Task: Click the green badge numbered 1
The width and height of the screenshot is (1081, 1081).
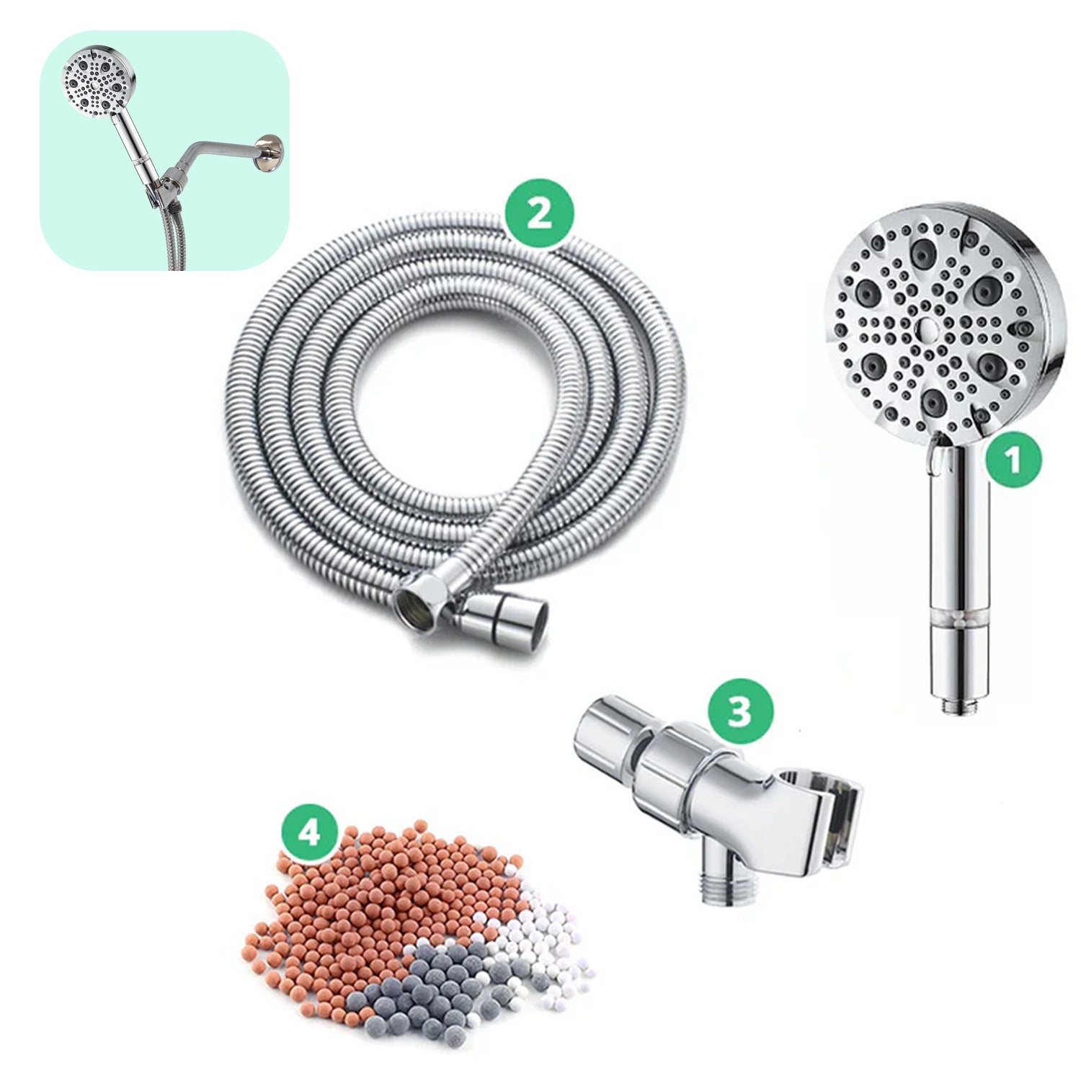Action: point(1013,460)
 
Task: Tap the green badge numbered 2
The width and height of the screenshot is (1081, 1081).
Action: point(539,214)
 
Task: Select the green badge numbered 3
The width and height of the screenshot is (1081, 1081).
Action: point(739,710)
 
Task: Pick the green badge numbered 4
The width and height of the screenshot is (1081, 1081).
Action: point(309,833)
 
